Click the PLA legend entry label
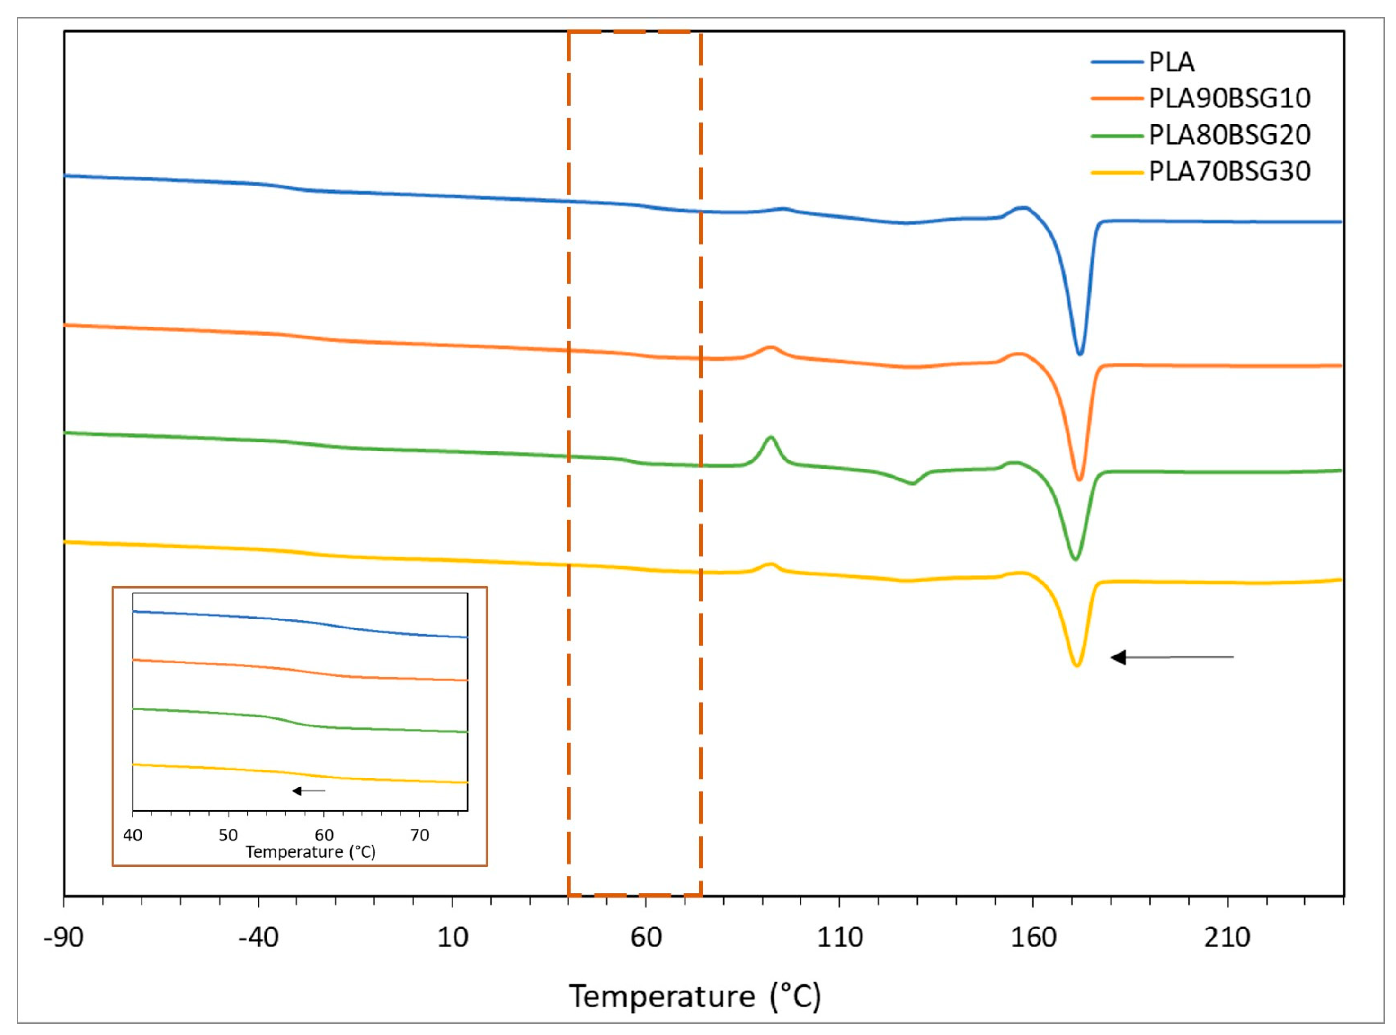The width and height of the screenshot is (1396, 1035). point(1171,62)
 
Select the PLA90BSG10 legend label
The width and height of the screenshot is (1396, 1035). point(1229,98)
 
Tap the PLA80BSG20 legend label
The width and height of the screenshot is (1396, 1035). point(1229,135)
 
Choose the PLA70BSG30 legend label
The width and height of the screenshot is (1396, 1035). point(1229,171)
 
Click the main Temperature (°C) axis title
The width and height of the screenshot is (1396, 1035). point(694,996)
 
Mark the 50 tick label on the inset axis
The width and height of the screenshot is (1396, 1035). point(228,835)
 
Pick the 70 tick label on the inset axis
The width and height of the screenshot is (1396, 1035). point(420,835)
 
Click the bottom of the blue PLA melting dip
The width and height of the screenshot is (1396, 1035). point(1080,354)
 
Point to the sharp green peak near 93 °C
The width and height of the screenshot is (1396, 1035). point(771,437)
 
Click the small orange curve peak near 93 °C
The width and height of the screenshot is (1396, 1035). point(771,347)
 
